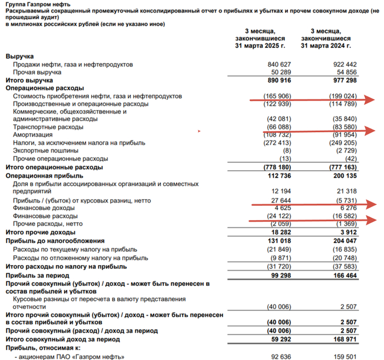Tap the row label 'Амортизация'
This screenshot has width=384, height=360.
coord(33,135)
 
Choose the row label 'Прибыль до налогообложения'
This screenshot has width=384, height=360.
coord(54,241)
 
